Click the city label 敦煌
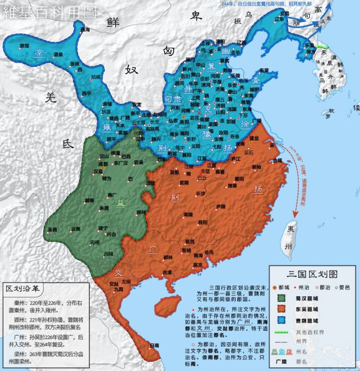(24, 46)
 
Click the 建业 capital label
(254, 138)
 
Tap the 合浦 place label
(168, 272)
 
